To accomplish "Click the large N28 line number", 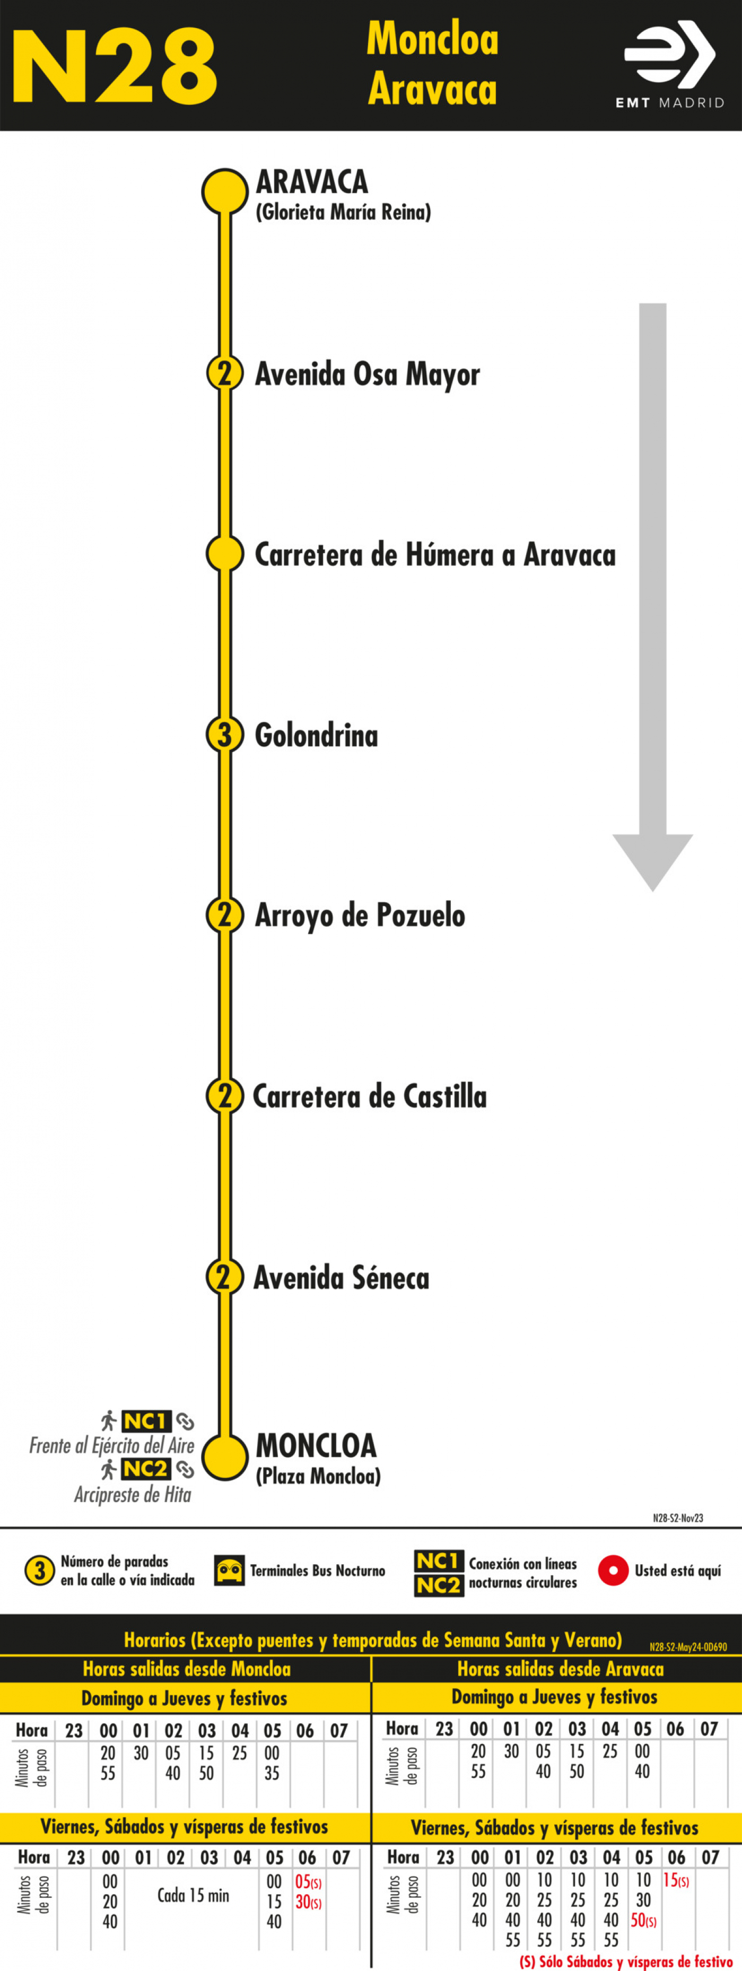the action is (x=115, y=67).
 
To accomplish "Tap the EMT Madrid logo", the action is (x=669, y=66).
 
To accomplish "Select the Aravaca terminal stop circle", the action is (x=225, y=191).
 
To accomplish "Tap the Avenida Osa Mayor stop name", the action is (x=367, y=374).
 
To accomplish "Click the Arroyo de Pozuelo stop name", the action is (x=360, y=915).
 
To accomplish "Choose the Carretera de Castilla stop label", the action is (x=370, y=1096).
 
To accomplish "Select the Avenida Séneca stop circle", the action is (x=225, y=1276).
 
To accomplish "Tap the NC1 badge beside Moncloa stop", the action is (x=146, y=1421).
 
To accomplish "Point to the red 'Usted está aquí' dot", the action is (x=613, y=1570).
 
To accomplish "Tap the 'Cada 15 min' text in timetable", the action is (x=194, y=1895).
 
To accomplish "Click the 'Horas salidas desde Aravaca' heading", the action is (x=561, y=1668).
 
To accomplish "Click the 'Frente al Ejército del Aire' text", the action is (x=112, y=1445).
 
